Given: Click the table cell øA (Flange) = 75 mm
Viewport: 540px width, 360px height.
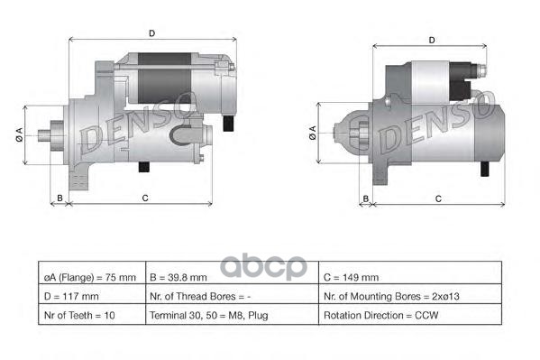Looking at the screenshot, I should pyautogui.click(x=90, y=277).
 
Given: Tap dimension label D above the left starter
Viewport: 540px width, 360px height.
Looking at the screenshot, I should pyautogui.click(x=151, y=33).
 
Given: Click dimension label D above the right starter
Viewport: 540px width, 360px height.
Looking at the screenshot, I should pyautogui.click(x=432, y=40).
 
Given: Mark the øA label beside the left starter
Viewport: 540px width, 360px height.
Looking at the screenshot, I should pyautogui.click(x=19, y=135).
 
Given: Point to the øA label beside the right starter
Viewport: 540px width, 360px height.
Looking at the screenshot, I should pyautogui.click(x=313, y=134).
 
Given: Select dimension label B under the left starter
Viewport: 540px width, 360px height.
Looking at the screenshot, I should pyautogui.click(x=59, y=197).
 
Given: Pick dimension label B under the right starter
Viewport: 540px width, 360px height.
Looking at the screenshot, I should pyautogui.click(x=366, y=197).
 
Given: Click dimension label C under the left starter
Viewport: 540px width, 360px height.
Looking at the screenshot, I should pyautogui.click(x=144, y=197).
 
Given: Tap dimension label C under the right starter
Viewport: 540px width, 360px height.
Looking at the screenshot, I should pyautogui.click(x=437, y=197).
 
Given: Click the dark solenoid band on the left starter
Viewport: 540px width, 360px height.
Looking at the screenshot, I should pyautogui.click(x=163, y=82).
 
